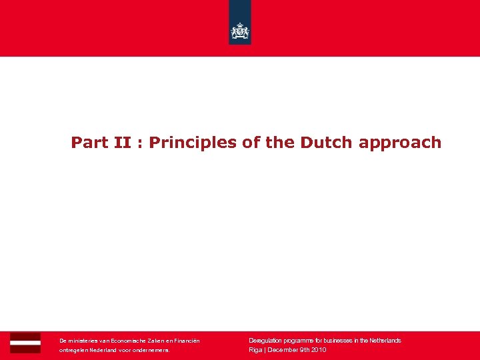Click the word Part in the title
click(x=85, y=143)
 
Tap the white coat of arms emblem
click(x=240, y=31)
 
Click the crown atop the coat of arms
click(x=240, y=25)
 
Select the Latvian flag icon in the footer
click(x=25, y=343)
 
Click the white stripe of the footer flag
click(x=25, y=343)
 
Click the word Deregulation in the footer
click(x=265, y=341)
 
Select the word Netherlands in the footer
click(x=383, y=341)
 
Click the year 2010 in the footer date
click(x=318, y=350)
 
